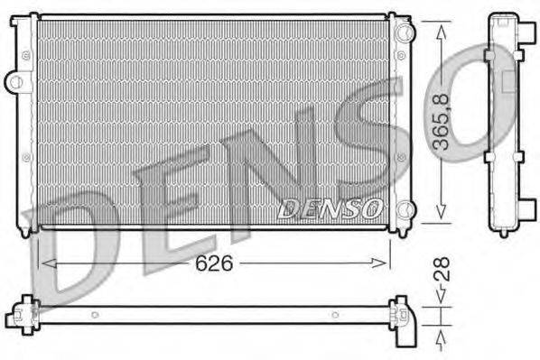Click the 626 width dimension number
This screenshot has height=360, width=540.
(216, 264)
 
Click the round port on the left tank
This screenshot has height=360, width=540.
(15, 82)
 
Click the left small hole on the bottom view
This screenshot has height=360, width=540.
(95, 315)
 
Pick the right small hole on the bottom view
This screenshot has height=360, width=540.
(335, 315)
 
